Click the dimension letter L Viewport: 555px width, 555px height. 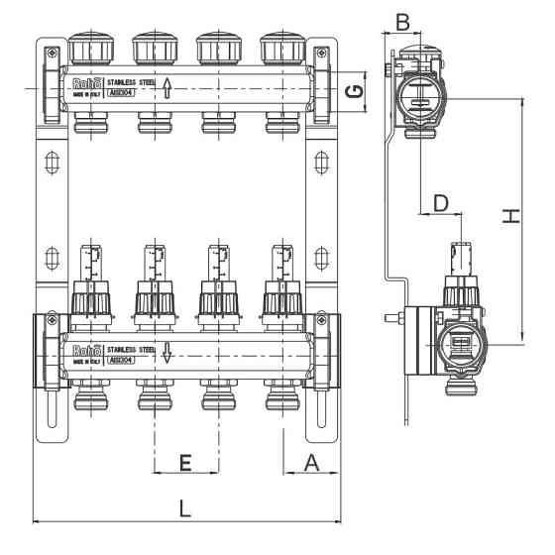point(184,508)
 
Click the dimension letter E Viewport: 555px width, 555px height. point(184,462)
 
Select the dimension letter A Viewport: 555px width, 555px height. point(311,462)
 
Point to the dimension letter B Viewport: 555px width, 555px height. point(403,19)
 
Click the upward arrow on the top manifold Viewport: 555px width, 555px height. point(167,89)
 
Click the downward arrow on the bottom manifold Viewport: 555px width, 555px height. point(167,352)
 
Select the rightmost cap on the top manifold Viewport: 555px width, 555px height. point(278,50)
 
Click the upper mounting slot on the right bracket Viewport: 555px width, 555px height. point(318,161)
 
